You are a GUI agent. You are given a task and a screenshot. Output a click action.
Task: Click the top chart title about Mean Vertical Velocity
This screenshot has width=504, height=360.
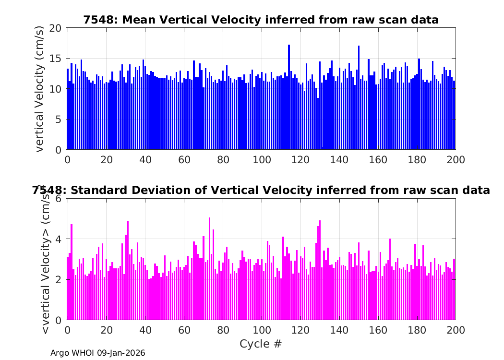click(x=261, y=20)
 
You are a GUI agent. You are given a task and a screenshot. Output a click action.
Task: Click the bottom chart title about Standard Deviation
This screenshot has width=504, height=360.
click(x=261, y=191)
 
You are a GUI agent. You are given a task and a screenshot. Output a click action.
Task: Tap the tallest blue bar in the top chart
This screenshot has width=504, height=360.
click(x=289, y=96)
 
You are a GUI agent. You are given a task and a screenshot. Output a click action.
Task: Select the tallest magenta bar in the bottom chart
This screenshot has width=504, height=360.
click(x=209, y=269)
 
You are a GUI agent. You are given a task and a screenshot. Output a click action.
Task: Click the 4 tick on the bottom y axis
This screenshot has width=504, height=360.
click(x=60, y=239)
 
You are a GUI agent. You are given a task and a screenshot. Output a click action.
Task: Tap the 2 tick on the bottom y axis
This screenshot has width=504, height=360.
click(x=60, y=279)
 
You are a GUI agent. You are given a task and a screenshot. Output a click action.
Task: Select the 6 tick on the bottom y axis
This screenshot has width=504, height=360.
click(x=60, y=199)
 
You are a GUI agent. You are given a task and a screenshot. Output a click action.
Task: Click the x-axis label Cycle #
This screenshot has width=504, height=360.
click(x=261, y=344)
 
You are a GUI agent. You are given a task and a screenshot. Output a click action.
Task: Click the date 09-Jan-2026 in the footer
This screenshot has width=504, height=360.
click(x=121, y=353)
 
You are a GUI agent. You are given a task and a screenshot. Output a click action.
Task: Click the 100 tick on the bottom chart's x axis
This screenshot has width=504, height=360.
click(x=261, y=330)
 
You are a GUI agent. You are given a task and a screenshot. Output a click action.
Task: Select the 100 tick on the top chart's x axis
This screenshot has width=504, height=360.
click(x=261, y=160)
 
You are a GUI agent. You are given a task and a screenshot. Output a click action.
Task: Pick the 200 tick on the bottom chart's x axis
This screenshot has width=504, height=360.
click(x=455, y=330)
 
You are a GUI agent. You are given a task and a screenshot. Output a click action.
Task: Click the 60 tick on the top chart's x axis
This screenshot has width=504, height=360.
click(x=184, y=160)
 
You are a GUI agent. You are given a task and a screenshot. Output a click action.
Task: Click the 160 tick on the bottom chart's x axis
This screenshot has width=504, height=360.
click(x=378, y=330)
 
